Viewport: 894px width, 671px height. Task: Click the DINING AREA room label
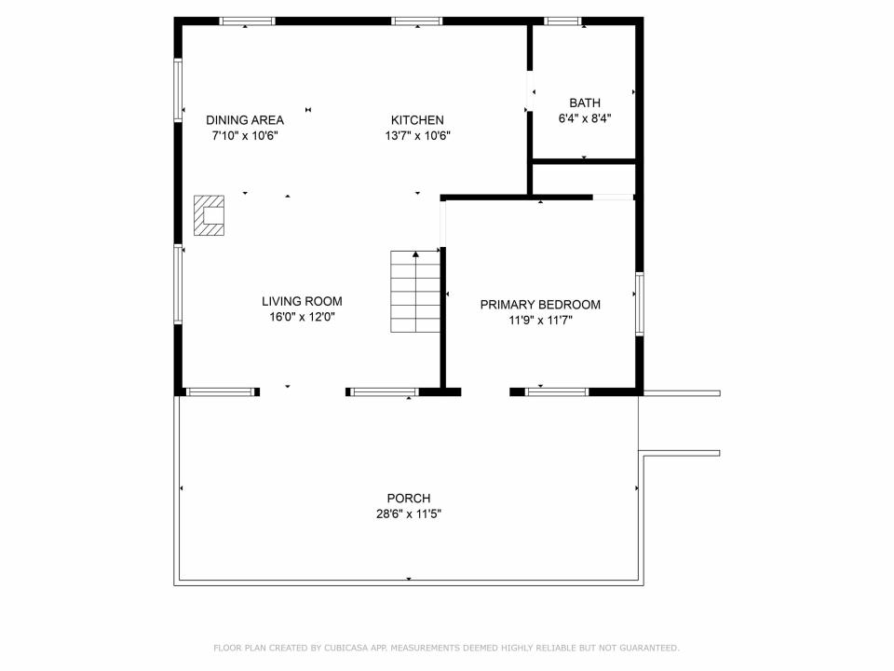(x=245, y=120)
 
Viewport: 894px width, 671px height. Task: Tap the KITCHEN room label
(x=417, y=120)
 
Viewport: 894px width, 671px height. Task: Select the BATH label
(x=585, y=103)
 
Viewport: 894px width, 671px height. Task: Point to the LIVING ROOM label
(x=302, y=301)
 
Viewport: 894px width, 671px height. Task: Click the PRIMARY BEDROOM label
(x=540, y=305)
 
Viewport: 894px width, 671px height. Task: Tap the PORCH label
(x=409, y=498)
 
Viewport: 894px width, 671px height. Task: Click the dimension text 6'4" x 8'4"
(x=585, y=118)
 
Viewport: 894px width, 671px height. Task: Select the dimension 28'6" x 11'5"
(x=409, y=514)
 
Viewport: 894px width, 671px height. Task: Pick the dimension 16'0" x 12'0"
(x=302, y=317)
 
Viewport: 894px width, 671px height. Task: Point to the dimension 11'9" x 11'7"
(x=540, y=320)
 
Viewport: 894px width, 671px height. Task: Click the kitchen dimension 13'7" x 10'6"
(x=418, y=135)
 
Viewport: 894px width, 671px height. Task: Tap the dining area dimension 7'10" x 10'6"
(x=245, y=135)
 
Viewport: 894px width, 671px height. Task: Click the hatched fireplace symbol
(x=209, y=215)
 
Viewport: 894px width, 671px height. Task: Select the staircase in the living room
(x=415, y=292)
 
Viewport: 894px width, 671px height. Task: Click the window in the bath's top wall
(x=562, y=21)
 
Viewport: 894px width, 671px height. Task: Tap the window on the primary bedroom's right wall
(x=640, y=304)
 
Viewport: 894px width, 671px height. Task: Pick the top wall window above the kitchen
(x=417, y=21)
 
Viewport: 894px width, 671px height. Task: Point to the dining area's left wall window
(x=178, y=89)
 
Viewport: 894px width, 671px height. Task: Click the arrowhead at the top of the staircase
(x=415, y=253)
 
